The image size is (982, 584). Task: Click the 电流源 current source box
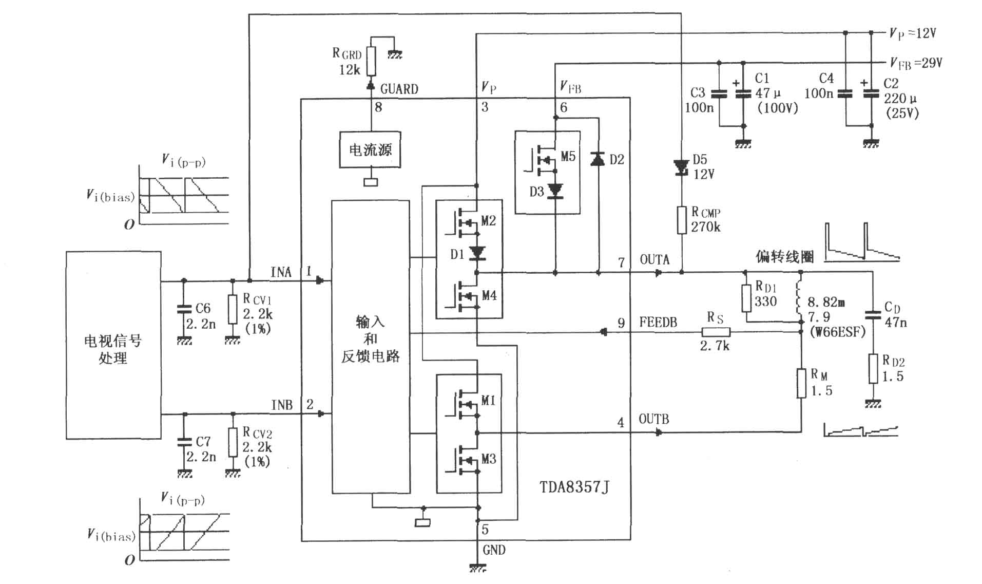click(370, 149)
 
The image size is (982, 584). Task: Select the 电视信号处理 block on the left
click(113, 345)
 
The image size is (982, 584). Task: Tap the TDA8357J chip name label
click(574, 486)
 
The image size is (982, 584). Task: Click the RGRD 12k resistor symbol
click(371, 62)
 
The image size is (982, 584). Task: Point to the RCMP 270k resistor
click(682, 220)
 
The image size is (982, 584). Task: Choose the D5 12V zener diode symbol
click(681, 167)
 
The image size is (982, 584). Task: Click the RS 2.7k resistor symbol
click(716, 332)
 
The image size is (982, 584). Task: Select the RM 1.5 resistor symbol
click(801, 383)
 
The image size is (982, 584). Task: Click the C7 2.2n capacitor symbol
click(184, 442)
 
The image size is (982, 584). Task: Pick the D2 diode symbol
click(598, 159)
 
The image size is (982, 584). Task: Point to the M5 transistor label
click(568, 156)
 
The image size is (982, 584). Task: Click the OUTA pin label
click(654, 259)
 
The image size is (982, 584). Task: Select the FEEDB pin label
click(658, 323)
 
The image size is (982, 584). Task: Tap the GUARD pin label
click(399, 89)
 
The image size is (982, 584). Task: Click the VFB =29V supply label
click(916, 64)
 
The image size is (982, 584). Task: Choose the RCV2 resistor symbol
click(233, 442)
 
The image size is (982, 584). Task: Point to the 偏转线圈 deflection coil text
click(785, 256)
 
